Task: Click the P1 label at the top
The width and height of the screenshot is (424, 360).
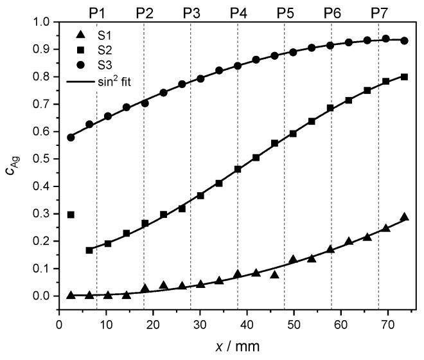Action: (x=96, y=12)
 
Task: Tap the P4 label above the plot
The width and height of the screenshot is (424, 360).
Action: (x=238, y=12)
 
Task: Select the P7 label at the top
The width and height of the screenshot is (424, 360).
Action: (x=379, y=12)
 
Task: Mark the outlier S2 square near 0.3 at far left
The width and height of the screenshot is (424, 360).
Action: (x=71, y=215)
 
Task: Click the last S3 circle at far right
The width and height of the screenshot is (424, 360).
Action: (x=405, y=40)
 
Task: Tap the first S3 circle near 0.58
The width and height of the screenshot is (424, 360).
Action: (x=71, y=137)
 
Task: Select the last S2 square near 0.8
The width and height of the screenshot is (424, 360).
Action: (x=405, y=76)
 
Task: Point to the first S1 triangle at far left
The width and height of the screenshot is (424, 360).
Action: (x=71, y=294)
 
